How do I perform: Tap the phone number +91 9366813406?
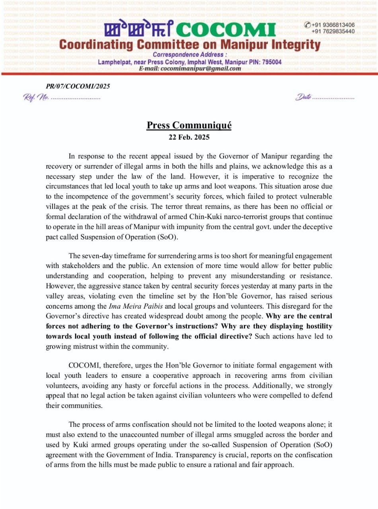(x=333, y=25)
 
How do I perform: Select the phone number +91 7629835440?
(x=333, y=31)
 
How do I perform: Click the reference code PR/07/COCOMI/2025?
(x=78, y=86)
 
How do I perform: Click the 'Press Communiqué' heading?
(x=189, y=126)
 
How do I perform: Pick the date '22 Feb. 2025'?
(x=189, y=138)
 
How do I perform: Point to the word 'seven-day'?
(x=99, y=255)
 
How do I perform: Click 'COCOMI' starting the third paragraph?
(x=82, y=365)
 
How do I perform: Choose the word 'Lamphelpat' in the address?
(x=116, y=62)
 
